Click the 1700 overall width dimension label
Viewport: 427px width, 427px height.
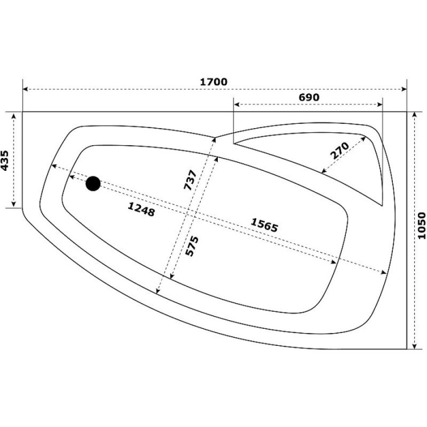point(213,82)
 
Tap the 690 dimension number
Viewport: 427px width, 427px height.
point(309,97)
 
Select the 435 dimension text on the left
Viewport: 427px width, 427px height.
point(5,161)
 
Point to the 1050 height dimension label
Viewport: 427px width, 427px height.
point(421,226)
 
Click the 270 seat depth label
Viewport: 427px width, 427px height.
point(339,150)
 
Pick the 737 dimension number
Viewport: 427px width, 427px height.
point(190,180)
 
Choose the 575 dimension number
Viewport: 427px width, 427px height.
point(192,246)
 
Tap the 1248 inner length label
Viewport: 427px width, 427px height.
point(141,209)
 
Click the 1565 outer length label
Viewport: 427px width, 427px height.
point(264,225)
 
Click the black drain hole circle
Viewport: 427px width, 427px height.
point(93,184)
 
